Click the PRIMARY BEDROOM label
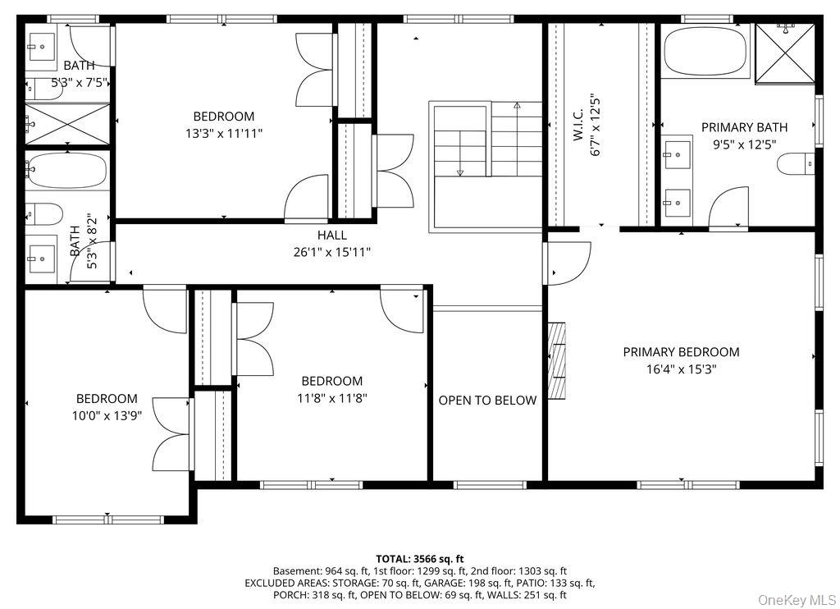pos(681,352)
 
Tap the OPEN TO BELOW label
pos(487,401)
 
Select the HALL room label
pos(332,235)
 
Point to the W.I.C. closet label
pos(578,126)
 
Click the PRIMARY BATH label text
pos(745,127)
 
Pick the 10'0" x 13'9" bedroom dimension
pos(107,415)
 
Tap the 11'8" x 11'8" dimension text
pos(332,398)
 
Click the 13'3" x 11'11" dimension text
pos(224,134)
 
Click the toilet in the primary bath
pos(796,164)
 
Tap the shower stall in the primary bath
pos(785,53)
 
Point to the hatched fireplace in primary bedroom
pos(557,361)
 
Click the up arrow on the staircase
pos(517,139)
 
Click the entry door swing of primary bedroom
pos(568,263)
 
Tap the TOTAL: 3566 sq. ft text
pos(419,559)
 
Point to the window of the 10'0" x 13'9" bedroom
pos(107,519)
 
